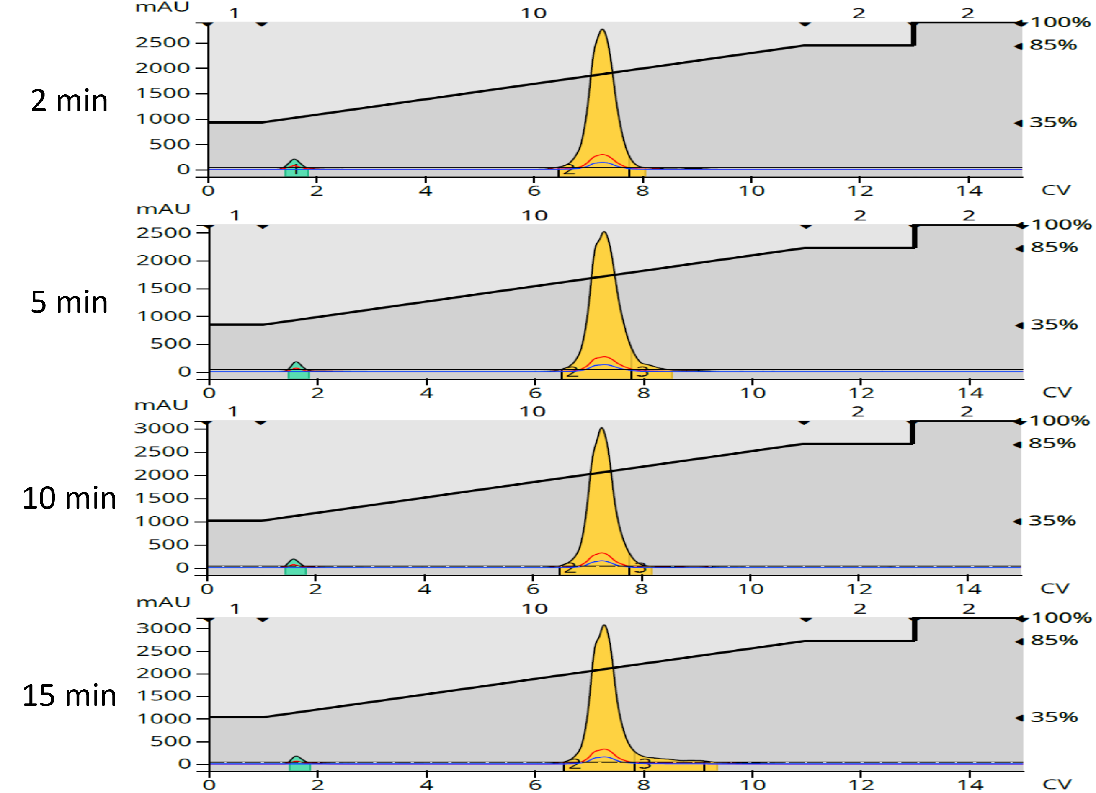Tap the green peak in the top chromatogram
[294, 163]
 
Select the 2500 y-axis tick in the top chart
[162, 43]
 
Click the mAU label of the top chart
[162, 7]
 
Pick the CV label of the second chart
[1057, 392]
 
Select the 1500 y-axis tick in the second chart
[164, 289]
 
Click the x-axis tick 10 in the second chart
[753, 393]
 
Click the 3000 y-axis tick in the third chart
[161, 428]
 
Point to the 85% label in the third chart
[1052, 443]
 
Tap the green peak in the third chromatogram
[293, 563]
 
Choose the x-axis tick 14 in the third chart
[967, 589]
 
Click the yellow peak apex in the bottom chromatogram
[605, 627]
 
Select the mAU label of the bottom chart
[163, 602]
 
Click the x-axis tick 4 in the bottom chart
[426, 784]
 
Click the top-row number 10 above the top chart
[533, 13]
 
